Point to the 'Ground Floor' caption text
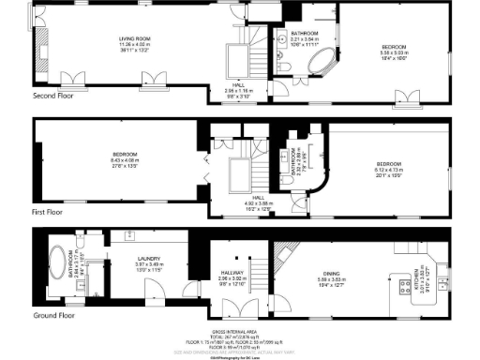point(52,316)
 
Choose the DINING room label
point(331,274)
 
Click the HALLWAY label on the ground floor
point(231,273)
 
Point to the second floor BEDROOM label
point(393,46)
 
